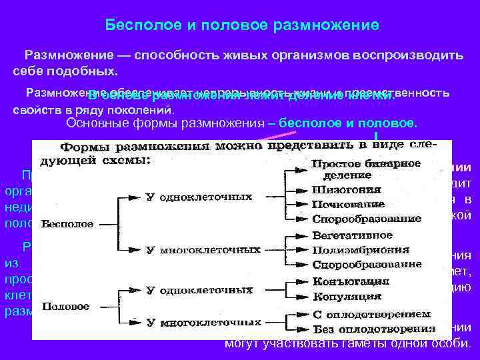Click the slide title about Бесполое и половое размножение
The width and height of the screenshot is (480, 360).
point(243,25)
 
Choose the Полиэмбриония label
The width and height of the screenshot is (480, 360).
point(361,250)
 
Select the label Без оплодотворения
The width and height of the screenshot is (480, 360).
point(371,329)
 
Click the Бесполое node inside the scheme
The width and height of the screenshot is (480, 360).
point(67,224)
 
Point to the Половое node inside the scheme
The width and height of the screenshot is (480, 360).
point(65,306)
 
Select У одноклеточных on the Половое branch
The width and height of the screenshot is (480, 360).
point(199,290)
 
